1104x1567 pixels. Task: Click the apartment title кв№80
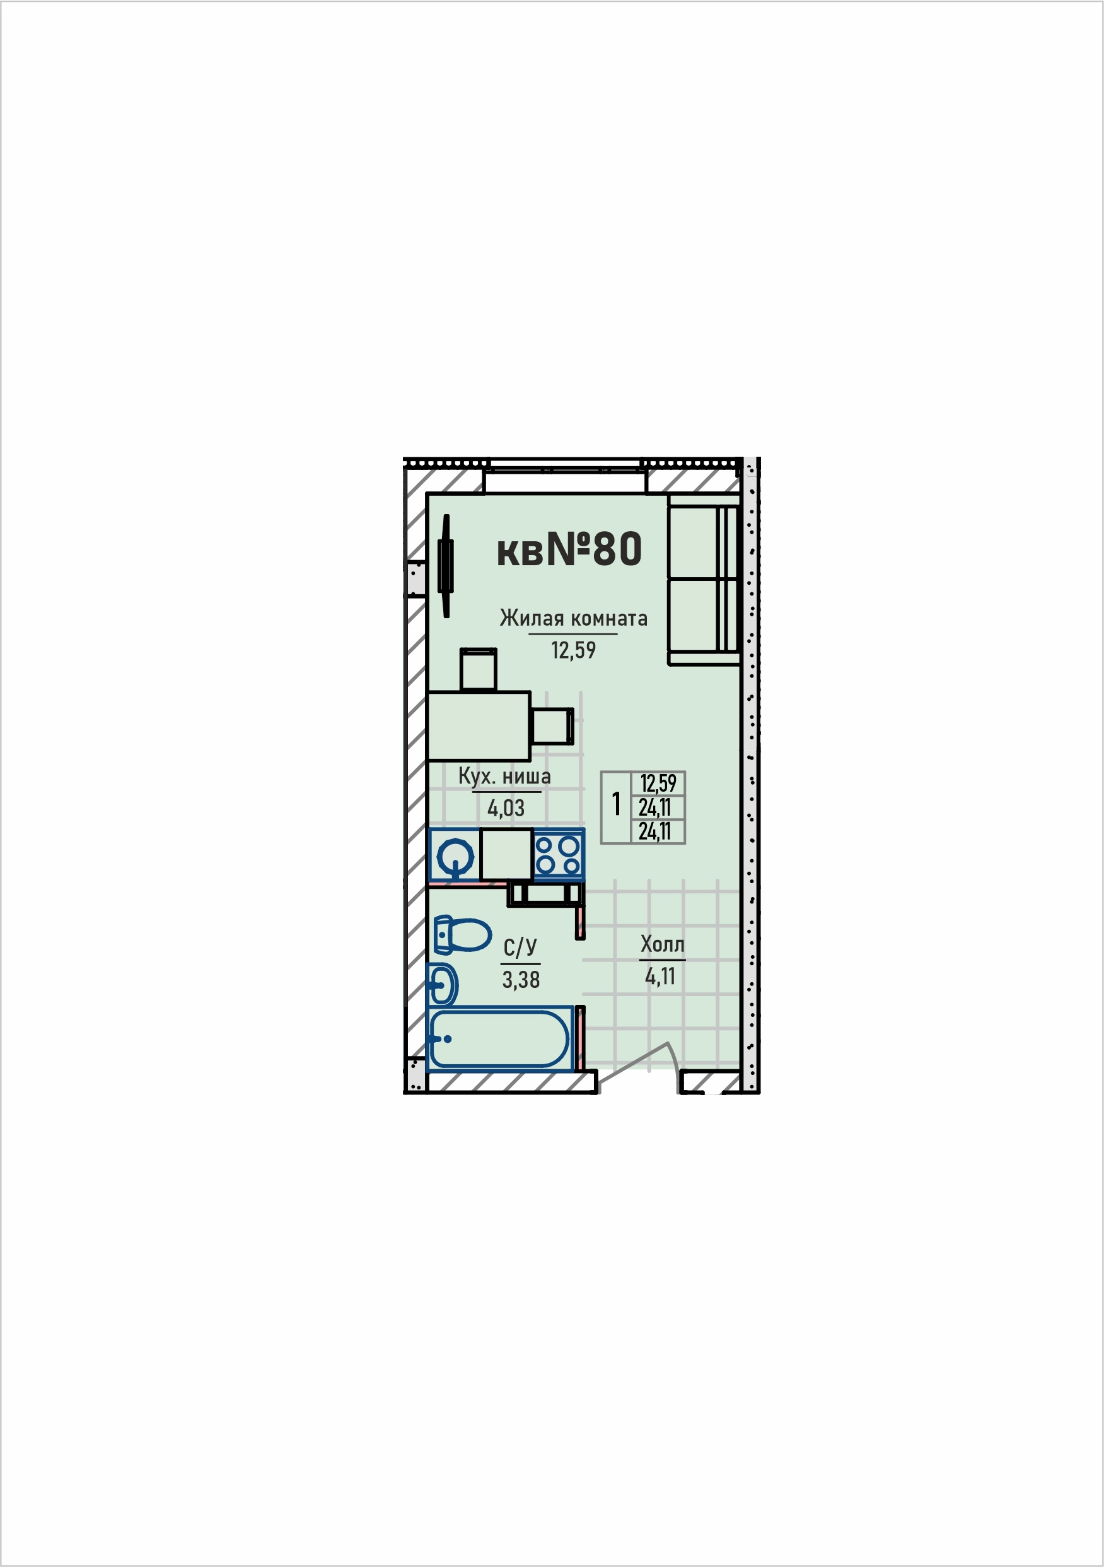(569, 549)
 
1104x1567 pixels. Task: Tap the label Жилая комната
(573, 618)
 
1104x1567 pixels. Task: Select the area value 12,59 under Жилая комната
(573, 650)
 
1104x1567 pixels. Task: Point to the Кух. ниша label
(504, 776)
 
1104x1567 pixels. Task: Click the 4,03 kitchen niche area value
(506, 808)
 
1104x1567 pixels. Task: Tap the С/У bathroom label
(520, 948)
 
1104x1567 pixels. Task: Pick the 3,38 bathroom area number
(521, 979)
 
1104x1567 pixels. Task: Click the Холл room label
(662, 944)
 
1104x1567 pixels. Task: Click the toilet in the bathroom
(462, 935)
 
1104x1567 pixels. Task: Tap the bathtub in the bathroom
(499, 1039)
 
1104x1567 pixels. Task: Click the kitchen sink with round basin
(455, 855)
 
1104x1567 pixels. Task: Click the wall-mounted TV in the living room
(447, 566)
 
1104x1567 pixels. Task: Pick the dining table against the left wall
(479, 725)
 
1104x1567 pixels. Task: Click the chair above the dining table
(479, 669)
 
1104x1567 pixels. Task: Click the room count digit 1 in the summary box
(616, 804)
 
